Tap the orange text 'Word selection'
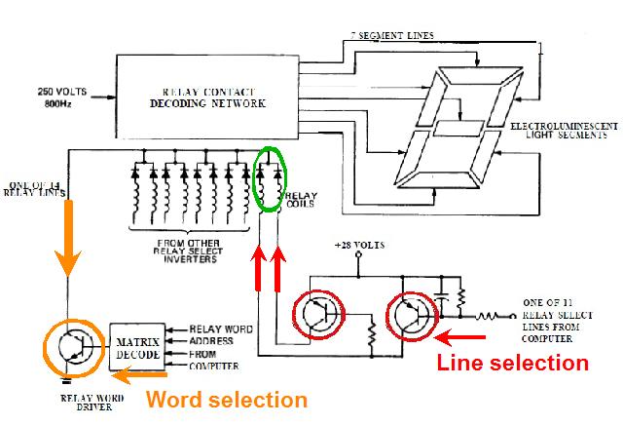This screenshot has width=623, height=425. coord(226,400)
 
